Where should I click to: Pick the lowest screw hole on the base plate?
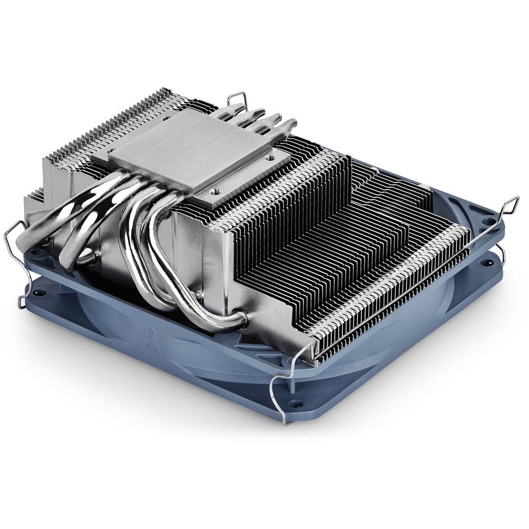tap(215, 188)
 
